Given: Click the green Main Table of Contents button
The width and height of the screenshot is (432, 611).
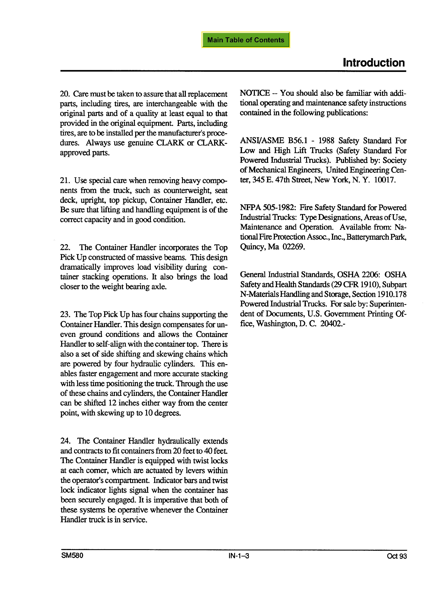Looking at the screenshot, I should (245, 40).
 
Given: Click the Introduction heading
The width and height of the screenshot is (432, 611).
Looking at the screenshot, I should (374, 63).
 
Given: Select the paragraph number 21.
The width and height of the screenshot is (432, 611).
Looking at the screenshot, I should (65, 180).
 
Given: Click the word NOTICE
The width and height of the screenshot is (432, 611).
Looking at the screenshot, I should (255, 93).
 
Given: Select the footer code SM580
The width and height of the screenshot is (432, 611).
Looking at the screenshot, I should (72, 556).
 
